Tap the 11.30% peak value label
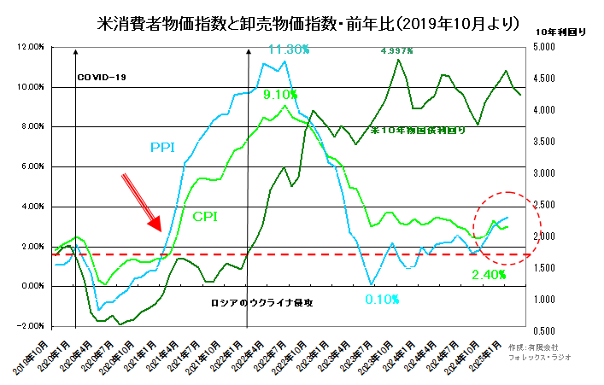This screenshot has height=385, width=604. click(x=287, y=50)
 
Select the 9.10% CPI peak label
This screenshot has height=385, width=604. click(x=280, y=95)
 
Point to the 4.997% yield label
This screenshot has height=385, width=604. click(x=396, y=51)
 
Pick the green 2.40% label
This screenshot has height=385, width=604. click(x=490, y=277)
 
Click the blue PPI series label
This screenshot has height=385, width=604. click(x=164, y=148)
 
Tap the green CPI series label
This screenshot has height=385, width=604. click(x=204, y=216)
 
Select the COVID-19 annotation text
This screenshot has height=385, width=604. click(x=102, y=78)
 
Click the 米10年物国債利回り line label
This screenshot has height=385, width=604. click(x=419, y=132)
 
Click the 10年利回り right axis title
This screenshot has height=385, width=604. click(x=560, y=31)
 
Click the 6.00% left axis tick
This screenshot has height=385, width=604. click(x=32, y=167)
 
